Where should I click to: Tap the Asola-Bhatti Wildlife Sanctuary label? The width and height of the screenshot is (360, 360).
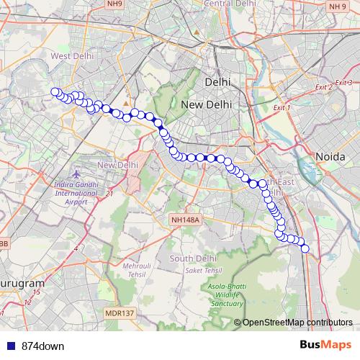point(227,295)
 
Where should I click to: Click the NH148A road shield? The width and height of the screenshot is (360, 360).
point(185,220)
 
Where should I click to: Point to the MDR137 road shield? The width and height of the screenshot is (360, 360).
point(120,313)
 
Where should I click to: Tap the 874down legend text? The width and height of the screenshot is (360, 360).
point(42,346)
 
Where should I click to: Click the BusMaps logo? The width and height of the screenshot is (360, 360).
point(325,345)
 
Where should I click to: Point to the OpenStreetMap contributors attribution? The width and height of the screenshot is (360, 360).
point(297,323)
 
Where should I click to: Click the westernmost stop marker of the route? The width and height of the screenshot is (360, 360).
point(54,91)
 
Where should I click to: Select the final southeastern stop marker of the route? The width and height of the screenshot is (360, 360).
point(305,248)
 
